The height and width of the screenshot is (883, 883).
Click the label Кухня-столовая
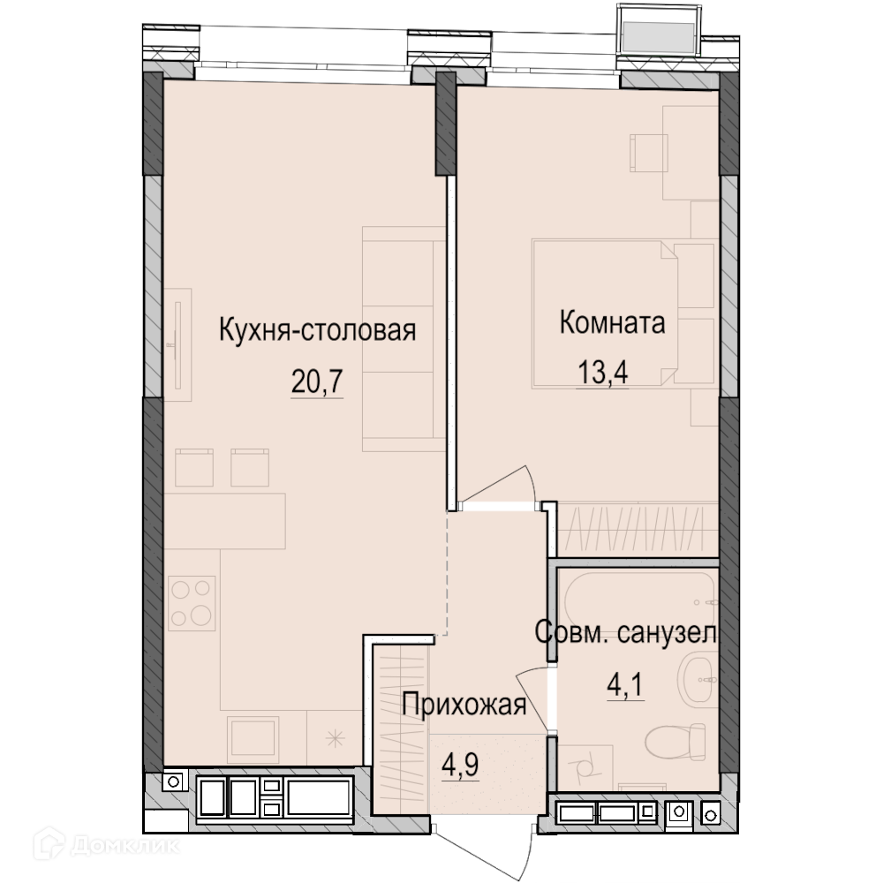tap(317, 330)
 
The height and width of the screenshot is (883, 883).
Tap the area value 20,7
tap(317, 381)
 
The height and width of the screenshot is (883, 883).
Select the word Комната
tap(612, 322)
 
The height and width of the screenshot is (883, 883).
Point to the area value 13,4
tap(602, 373)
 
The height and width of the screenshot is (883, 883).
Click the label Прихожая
tap(464, 704)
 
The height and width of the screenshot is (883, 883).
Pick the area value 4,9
tap(460, 764)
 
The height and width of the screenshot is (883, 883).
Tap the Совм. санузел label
tap(626, 632)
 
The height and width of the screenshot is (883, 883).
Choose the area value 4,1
tap(624, 685)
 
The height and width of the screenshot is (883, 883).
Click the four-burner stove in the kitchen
tap(192, 603)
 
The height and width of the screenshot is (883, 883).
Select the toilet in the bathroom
tap(675, 741)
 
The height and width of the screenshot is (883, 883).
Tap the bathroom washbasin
tap(698, 680)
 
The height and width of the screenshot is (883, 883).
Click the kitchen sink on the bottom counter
tap(253, 739)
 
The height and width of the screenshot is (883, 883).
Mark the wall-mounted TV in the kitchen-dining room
tap(178, 344)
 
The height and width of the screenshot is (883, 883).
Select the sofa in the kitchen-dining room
tap(404, 339)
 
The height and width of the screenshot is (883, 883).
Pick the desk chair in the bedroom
tap(648, 153)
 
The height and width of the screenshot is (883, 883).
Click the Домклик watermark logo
tap(107, 845)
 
